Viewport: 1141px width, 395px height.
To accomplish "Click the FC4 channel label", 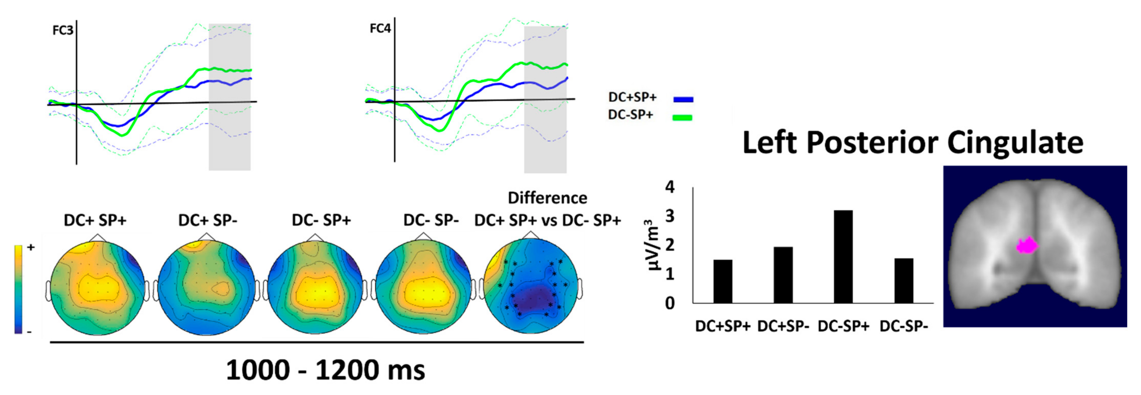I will [x=380, y=29].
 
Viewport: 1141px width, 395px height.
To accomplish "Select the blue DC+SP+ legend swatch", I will [x=683, y=100].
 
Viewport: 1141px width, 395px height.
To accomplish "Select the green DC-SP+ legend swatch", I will [x=682, y=117].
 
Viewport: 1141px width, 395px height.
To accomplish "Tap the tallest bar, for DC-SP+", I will [x=843, y=257].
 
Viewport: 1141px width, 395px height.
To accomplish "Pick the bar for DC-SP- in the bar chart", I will [x=904, y=281].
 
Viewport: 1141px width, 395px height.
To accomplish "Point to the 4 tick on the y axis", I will [x=670, y=187].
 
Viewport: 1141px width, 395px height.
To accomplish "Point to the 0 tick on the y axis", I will [x=670, y=303].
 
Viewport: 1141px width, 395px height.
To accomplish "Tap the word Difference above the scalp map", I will [x=548, y=198].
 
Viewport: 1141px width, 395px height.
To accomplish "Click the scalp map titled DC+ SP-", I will [x=207, y=288].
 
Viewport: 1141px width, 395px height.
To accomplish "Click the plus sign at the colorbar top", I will [x=31, y=247].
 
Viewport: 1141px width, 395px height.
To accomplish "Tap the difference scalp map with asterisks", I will [x=531, y=288].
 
